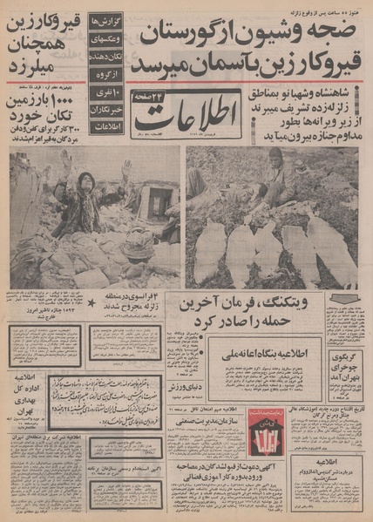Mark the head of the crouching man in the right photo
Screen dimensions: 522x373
(275, 158)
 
